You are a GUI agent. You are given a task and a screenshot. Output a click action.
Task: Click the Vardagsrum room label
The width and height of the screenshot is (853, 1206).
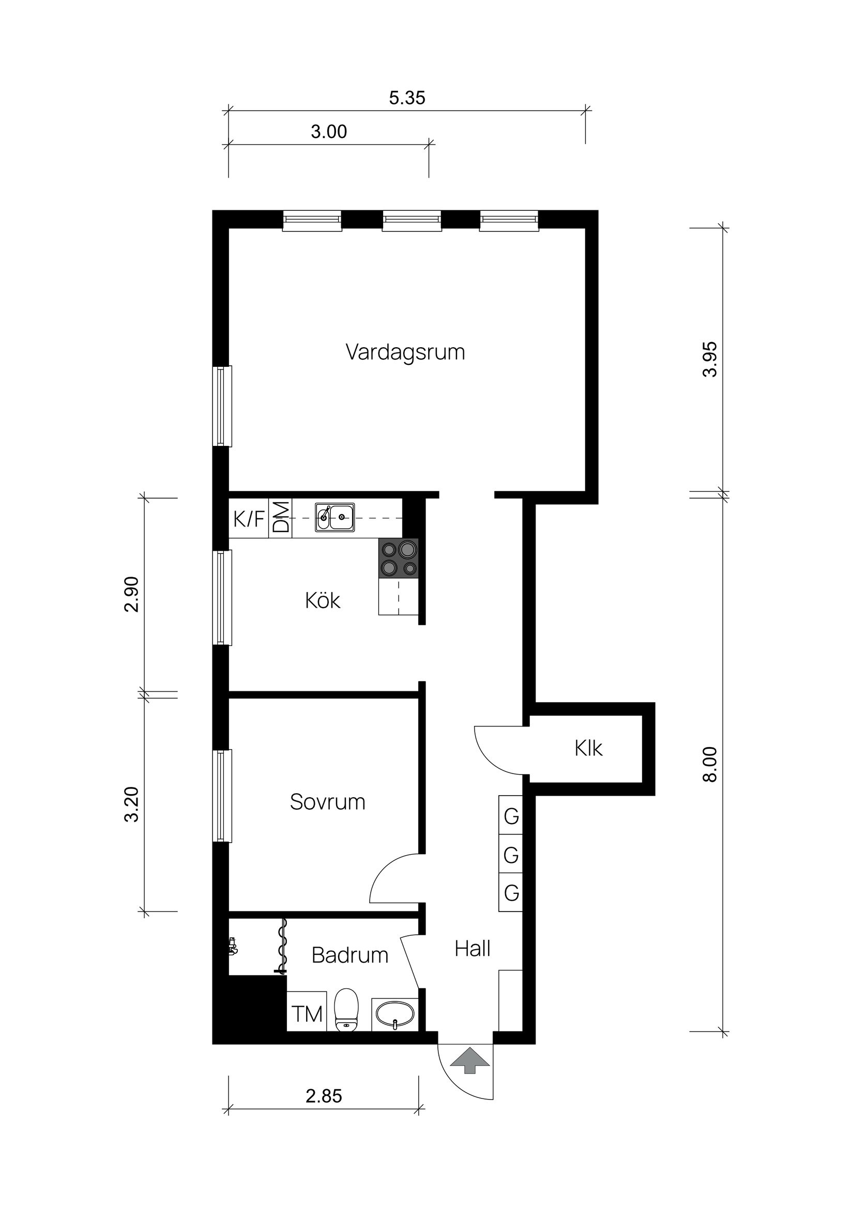[x=405, y=352]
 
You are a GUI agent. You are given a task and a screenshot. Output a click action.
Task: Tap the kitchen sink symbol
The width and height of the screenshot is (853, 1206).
[x=335, y=517]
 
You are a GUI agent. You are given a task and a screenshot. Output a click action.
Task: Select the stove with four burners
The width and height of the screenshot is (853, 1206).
[x=399, y=559]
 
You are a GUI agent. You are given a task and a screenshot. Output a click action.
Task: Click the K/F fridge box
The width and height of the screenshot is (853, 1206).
[x=249, y=519]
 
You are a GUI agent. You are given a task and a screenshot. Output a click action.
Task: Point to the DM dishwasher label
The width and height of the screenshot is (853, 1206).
[x=281, y=517]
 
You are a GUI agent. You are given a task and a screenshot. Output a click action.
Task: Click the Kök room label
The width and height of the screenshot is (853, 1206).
[x=322, y=600]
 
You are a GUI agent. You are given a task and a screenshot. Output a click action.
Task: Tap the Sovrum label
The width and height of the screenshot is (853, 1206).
[x=327, y=802]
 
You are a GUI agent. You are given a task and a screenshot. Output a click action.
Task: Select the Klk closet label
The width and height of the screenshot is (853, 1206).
[x=588, y=749]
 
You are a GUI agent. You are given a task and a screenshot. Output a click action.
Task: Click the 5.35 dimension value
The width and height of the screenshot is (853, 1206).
[x=407, y=98]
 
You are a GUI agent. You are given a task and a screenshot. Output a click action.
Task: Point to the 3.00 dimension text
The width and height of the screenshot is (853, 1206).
[x=328, y=131]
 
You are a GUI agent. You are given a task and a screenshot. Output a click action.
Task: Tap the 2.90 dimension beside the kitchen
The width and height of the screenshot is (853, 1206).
[x=131, y=594]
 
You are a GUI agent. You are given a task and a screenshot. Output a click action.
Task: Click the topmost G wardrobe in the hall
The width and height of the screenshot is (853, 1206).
[x=511, y=817]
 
